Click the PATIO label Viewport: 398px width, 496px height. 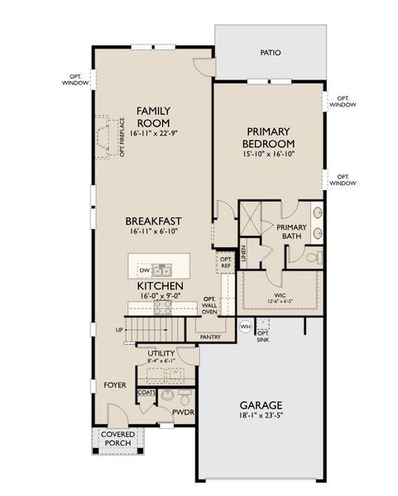[270, 53]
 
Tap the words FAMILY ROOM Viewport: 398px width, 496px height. [153, 116]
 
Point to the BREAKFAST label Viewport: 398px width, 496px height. [153, 222]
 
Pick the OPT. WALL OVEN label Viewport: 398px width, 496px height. [209, 305]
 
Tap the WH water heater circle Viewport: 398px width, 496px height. [245, 327]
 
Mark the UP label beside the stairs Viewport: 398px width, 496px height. [120, 330]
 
